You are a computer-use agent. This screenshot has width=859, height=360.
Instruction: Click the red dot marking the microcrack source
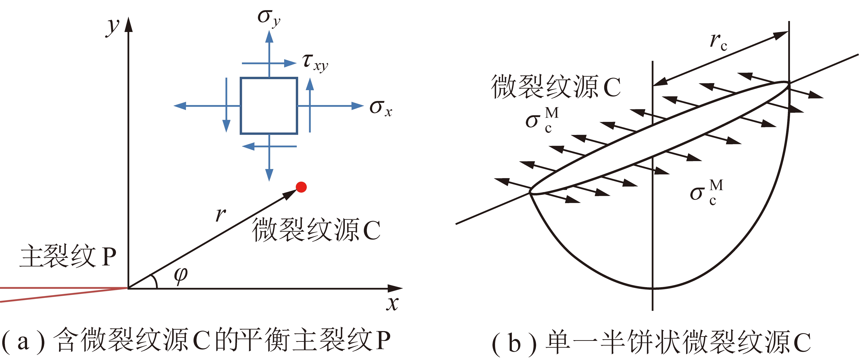coord(301,187)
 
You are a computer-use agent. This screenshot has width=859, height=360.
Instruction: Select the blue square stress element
coord(269,106)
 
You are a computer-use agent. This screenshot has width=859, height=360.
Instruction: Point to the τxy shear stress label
coord(315,62)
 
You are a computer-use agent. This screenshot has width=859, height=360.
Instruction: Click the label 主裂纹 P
coord(68,256)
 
